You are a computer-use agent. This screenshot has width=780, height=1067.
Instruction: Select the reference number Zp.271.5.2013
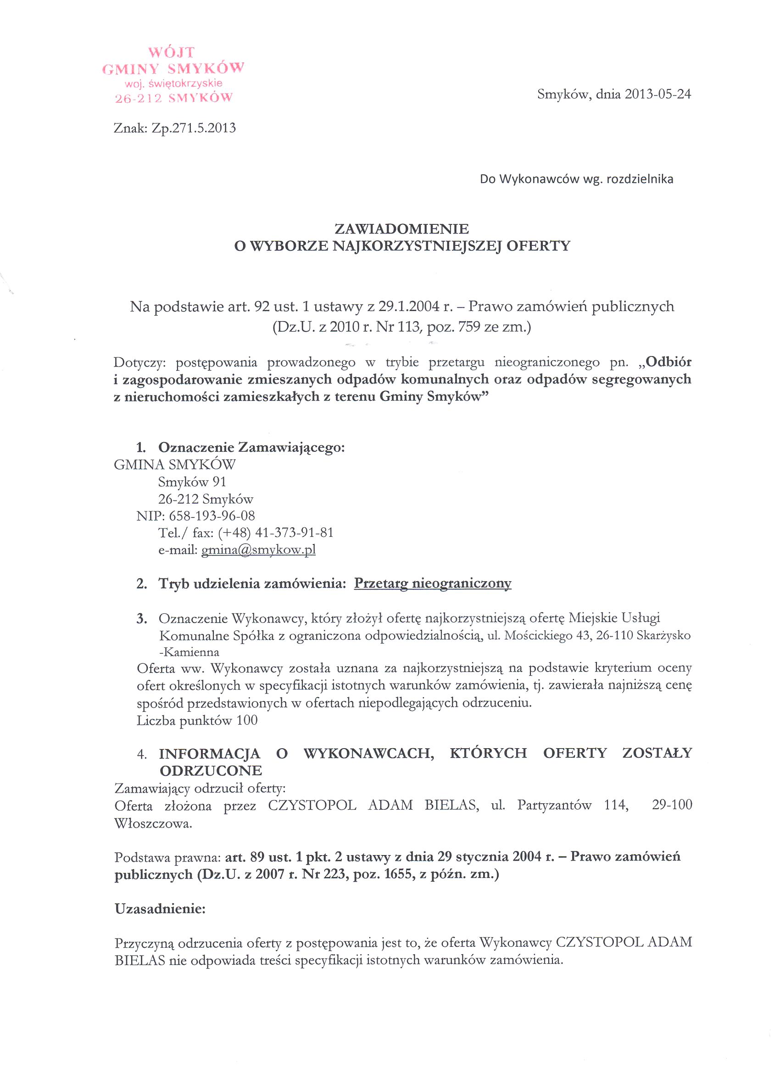pos(194,128)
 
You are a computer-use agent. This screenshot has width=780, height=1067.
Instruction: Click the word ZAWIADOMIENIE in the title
pos(401,229)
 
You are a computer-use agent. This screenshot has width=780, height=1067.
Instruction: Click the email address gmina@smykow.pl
pos(258,550)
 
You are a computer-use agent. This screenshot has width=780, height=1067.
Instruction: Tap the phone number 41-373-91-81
pos(294,533)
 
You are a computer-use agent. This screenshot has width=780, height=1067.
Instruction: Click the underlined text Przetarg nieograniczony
pos(433,584)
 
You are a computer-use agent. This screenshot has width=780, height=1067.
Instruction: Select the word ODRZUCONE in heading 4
pos(211,771)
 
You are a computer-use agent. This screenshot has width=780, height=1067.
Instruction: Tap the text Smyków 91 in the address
pos(192,482)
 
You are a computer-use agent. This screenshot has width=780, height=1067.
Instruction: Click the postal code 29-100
pos(671,805)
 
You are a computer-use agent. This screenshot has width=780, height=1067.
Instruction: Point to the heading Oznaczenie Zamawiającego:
pos(251,447)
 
